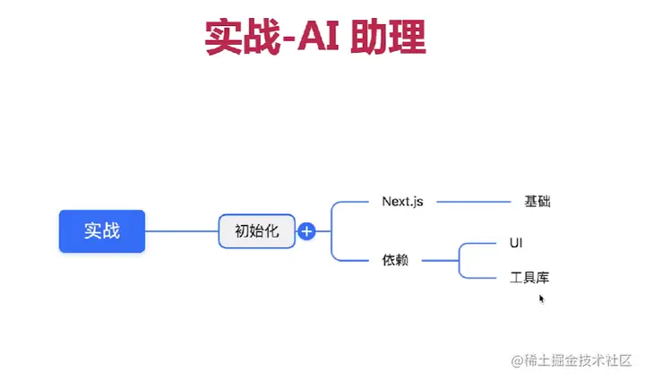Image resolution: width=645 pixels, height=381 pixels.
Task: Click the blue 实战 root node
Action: (101, 231)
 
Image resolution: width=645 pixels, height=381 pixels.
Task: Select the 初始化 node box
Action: (257, 231)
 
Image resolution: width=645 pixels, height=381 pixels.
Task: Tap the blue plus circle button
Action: (306, 231)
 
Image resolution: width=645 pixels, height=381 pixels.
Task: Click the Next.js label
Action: (402, 202)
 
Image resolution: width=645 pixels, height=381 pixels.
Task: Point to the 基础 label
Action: (537, 202)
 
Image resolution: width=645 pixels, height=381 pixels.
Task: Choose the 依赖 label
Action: (395, 261)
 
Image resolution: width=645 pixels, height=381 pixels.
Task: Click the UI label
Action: (516, 243)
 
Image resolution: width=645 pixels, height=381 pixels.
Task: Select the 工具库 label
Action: (529, 278)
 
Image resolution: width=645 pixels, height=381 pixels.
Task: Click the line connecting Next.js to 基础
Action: (473, 202)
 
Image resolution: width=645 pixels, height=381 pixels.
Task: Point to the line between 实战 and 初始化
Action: (182, 231)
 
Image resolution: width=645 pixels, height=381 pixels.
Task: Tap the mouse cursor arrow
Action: (542, 298)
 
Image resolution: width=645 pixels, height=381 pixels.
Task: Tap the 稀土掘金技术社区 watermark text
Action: (578, 360)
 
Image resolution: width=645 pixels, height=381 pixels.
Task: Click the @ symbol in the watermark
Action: (517, 360)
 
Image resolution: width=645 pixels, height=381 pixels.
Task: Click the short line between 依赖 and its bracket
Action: (439, 261)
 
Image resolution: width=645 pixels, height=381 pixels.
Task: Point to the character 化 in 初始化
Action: (272, 231)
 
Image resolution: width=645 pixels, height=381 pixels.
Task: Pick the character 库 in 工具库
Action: (542, 278)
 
